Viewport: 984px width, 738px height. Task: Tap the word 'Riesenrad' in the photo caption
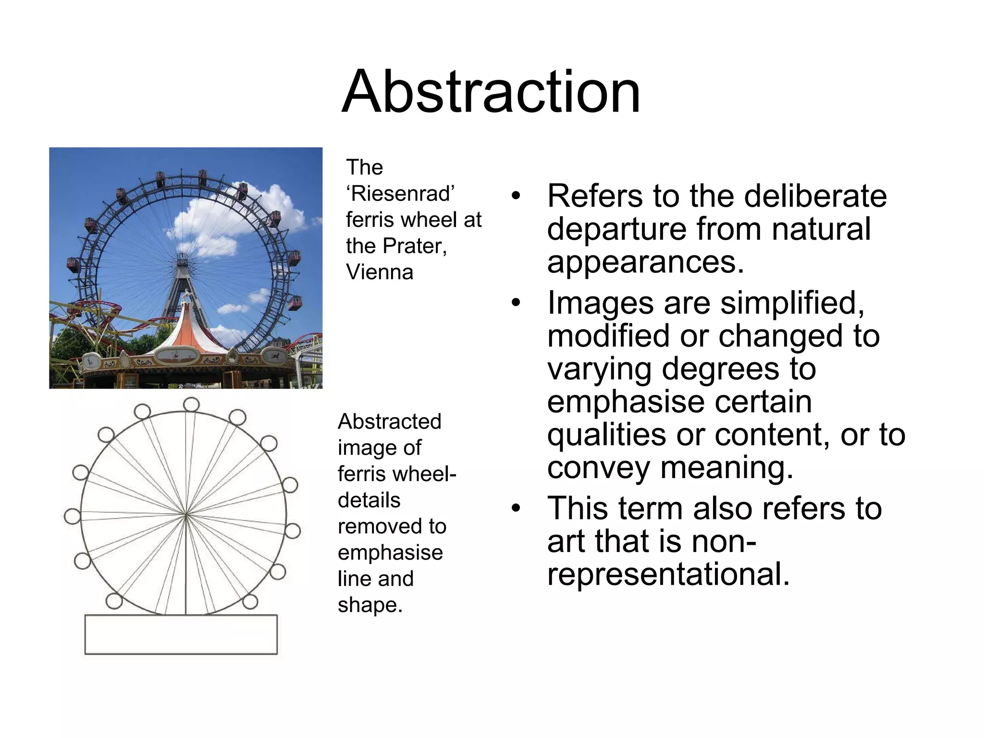pos(400,194)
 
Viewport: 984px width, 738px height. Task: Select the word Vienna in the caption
pos(380,272)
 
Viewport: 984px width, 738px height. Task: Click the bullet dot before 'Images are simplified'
pos(516,304)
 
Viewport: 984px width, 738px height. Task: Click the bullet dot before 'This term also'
pos(516,509)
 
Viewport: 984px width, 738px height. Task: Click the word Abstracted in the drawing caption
pos(389,422)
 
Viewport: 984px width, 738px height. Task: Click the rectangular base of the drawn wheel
pos(181,634)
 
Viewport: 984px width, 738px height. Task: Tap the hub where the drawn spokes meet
pos(186,515)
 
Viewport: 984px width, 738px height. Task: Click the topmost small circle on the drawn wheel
pos(191,405)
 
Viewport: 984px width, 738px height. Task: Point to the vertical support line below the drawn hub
pos(186,567)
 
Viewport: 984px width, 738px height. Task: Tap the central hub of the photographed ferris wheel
pos(182,262)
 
